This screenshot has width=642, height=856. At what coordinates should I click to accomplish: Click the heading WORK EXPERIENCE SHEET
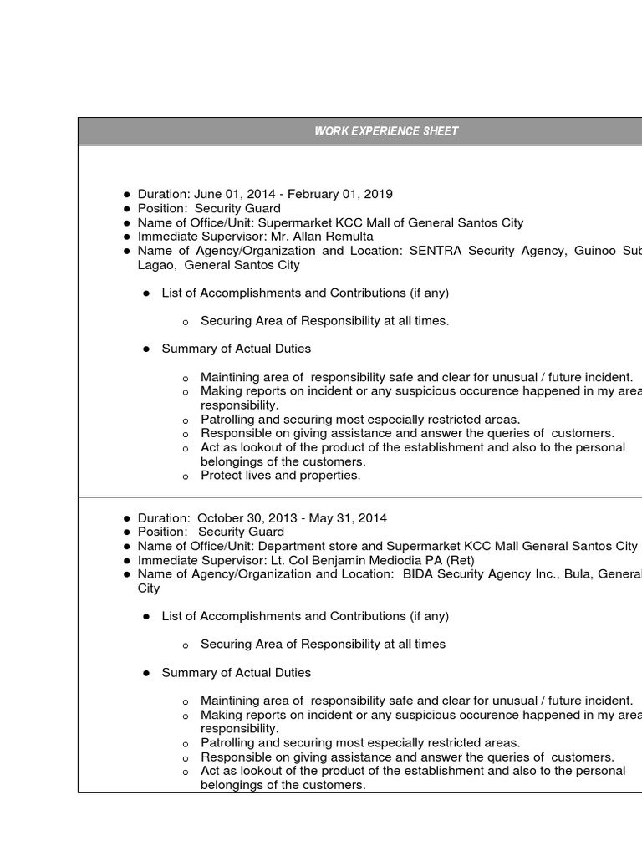click(x=386, y=131)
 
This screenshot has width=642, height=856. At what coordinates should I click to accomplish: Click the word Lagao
click(x=155, y=265)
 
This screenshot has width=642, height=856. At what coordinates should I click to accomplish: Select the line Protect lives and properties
click(x=281, y=476)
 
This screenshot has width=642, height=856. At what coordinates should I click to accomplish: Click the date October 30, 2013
click(x=248, y=518)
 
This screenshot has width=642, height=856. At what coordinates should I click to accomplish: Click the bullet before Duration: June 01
click(x=126, y=195)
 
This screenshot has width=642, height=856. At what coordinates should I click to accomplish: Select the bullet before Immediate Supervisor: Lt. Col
click(x=126, y=561)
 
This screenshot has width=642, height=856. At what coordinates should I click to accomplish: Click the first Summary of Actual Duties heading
click(x=236, y=349)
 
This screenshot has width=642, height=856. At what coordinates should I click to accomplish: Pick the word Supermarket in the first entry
click(x=293, y=222)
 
